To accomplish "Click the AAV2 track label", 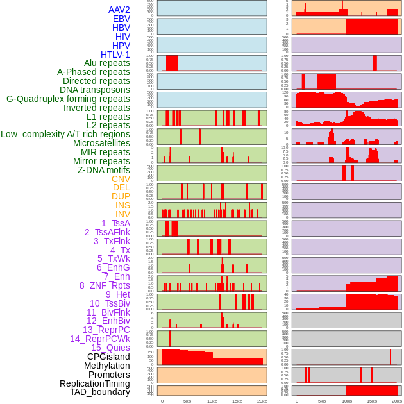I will tap(119, 10).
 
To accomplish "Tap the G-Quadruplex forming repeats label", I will tap(68, 99).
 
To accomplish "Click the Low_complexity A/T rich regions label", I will tap(65, 134).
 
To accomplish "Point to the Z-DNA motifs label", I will tap(103, 170).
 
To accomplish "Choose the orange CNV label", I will tap(121, 179).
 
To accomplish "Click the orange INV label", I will tap(122, 214).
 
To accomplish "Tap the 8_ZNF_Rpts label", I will tap(105, 285).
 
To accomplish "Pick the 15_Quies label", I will tap(110, 348).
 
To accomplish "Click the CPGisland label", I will tap(108, 357).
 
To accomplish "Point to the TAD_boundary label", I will tap(99, 392).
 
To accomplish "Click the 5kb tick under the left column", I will tap(187, 401).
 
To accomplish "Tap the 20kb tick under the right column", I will tap(397, 401).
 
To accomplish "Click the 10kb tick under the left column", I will tap(212, 401).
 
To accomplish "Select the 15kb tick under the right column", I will tap(372, 401).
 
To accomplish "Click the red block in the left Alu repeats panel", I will tap(172, 63).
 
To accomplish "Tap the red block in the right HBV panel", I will tap(371, 26).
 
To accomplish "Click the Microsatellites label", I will tap(101, 143).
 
